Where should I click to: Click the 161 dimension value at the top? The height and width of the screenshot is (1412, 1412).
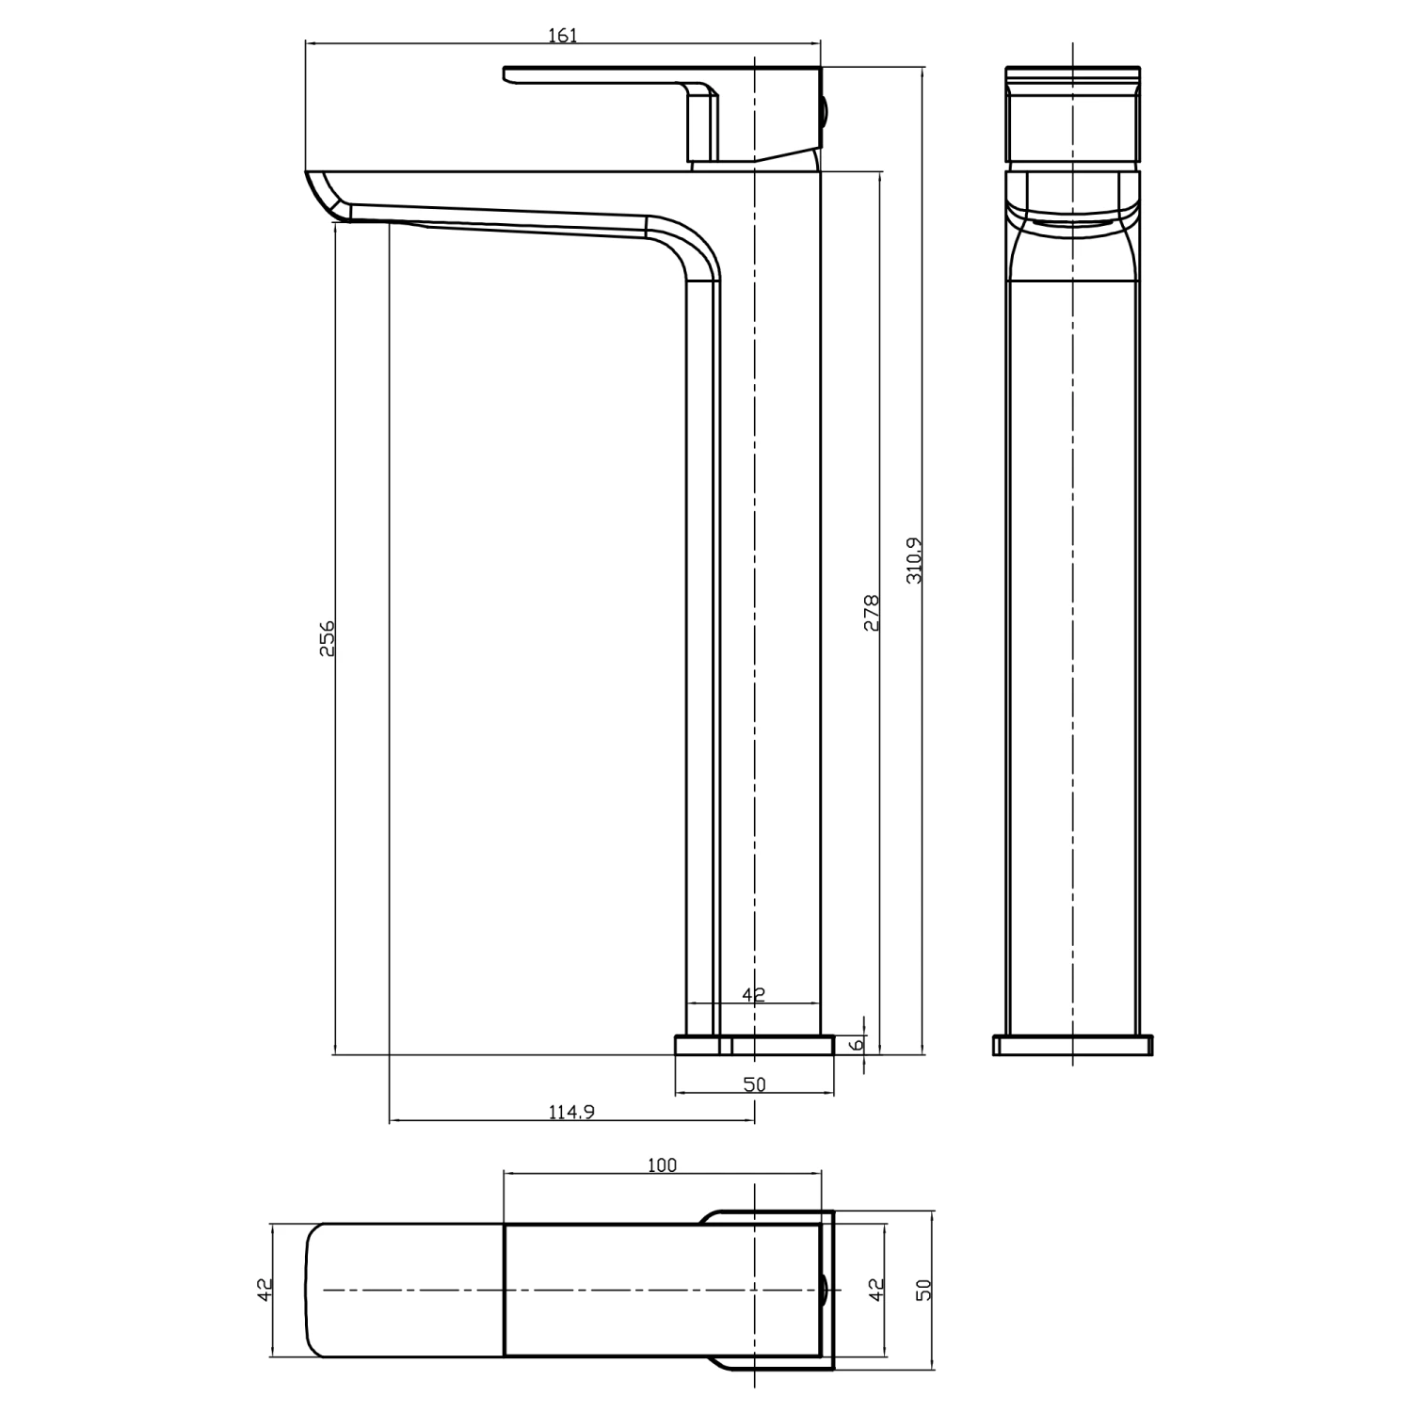(562, 36)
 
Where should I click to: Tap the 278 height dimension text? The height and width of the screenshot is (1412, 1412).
(872, 612)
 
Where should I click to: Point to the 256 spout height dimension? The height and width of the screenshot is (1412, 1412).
(327, 637)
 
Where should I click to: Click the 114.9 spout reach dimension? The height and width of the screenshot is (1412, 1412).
(571, 1112)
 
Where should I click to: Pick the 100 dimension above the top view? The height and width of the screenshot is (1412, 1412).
(662, 1165)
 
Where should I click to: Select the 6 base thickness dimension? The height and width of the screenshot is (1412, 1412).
(856, 1045)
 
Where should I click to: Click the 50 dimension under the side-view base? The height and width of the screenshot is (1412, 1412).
(754, 1084)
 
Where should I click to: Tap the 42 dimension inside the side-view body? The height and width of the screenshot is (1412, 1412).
(754, 993)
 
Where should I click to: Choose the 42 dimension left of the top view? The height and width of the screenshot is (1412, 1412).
(265, 1289)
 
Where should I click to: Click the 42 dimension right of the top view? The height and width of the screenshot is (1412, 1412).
(876, 1289)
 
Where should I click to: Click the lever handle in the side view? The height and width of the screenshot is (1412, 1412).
(612, 75)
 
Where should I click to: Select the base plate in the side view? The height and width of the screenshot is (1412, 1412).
(754, 1045)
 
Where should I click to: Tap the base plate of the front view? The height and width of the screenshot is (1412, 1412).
(1072, 1045)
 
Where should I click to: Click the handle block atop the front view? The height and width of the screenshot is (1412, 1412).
(1072, 118)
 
